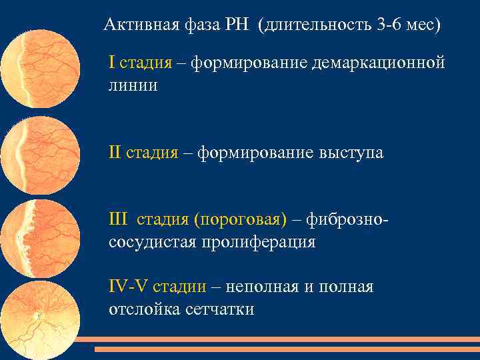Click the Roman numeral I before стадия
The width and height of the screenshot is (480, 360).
112,63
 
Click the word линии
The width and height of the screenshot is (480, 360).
133,86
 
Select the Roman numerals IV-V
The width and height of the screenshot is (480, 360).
129,287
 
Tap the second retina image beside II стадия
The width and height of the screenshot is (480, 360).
40,156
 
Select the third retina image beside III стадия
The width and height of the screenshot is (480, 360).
41,239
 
